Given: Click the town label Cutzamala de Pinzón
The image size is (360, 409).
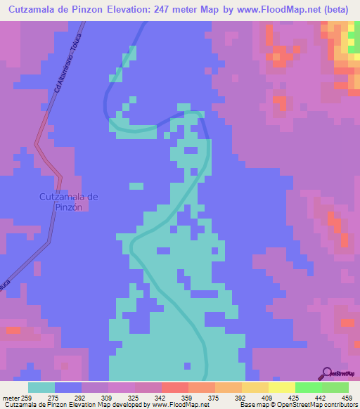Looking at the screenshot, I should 68,202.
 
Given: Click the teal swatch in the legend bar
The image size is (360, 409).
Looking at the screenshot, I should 41,387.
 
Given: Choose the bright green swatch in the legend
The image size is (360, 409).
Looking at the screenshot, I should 309,387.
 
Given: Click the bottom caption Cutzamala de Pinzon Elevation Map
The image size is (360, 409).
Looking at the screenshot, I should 49,405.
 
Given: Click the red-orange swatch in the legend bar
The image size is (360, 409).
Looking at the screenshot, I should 175,387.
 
